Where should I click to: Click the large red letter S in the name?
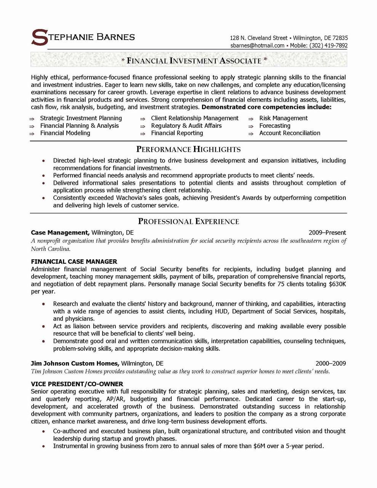pyautogui.click(x=39, y=37)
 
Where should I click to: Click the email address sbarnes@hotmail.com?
pyautogui.click(x=257, y=45)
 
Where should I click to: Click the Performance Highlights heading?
pyautogui.click(x=188, y=149)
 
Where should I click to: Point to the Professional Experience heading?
pyautogui.click(x=188, y=222)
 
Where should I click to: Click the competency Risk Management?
pyautogui.click(x=283, y=118)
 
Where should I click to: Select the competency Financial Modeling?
pyautogui.click(x=65, y=133)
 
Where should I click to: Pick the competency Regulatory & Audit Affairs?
pyautogui.click(x=186, y=126)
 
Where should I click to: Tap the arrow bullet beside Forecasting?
pyautogui.click(x=251, y=126)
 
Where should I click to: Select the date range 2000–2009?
pyautogui.click(x=330, y=364)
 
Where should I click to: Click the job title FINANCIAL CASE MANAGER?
pyautogui.click(x=74, y=262)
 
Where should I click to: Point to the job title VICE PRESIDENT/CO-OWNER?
pyautogui.click(x=77, y=384)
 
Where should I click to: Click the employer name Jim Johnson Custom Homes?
pyautogui.click(x=75, y=364)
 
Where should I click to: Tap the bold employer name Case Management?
pyautogui.click(x=60, y=233)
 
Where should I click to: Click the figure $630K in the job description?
pyautogui.click(x=337, y=284)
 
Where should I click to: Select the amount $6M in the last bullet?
pyautogui.click(x=259, y=446)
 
